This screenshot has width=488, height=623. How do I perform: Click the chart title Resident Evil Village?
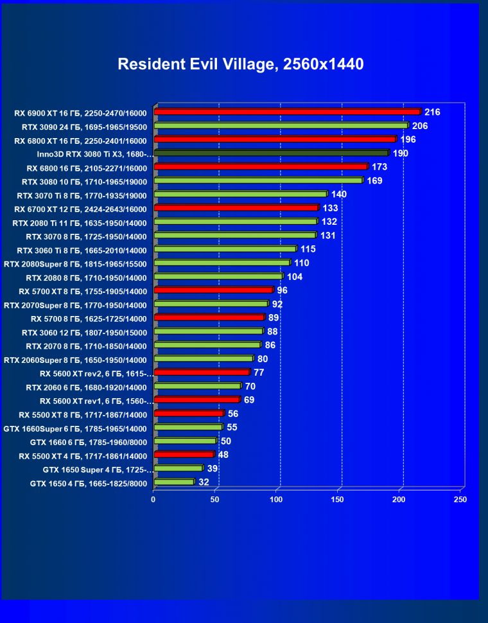(x=241, y=64)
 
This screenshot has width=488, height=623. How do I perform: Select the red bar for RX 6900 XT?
(x=287, y=112)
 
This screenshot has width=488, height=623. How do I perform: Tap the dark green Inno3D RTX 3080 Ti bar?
(x=271, y=154)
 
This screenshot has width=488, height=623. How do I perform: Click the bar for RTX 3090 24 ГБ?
(x=281, y=126)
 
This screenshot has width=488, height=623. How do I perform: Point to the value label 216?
(x=432, y=112)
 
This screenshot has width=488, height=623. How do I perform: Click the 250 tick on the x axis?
(x=460, y=499)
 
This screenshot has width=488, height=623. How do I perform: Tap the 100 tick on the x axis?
(x=277, y=499)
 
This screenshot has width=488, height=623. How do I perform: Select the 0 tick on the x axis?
(x=153, y=499)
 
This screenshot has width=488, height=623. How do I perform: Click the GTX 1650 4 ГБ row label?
(x=89, y=484)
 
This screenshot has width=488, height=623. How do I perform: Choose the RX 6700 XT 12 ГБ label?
(x=80, y=209)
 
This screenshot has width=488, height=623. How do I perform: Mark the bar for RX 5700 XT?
(x=213, y=290)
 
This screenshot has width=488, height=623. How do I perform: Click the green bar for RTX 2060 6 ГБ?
(x=197, y=387)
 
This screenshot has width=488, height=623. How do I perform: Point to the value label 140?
(x=339, y=195)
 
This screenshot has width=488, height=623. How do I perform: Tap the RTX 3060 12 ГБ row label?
(x=84, y=333)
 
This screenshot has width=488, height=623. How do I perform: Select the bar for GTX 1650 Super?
(x=178, y=469)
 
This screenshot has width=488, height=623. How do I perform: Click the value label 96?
(x=282, y=290)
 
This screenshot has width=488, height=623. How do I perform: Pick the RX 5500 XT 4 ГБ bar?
(x=184, y=455)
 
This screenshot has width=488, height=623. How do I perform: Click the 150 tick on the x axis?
(x=338, y=499)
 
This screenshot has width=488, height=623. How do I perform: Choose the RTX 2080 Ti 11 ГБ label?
(x=80, y=223)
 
